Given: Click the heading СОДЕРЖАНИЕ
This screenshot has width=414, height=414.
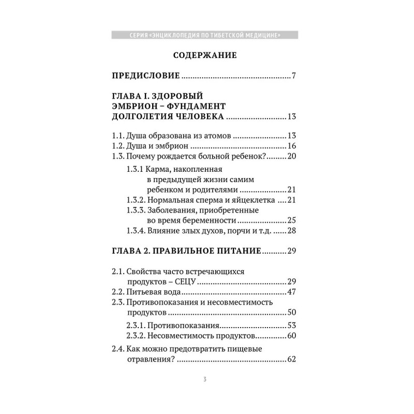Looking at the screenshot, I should point(205,55).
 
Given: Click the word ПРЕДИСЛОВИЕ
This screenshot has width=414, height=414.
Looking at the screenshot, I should point(146,76).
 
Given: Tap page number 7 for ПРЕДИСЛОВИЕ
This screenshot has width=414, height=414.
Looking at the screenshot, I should point(293,76).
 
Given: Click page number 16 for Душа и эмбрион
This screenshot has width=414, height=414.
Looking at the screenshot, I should point(291,146).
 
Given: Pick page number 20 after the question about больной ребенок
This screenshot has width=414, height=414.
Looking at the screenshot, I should point(291,156).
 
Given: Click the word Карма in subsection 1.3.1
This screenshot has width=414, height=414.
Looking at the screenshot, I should point(159,170).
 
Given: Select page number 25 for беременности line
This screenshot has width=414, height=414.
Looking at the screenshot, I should point(291,220).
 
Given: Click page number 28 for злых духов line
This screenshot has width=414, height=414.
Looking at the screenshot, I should point(291,230).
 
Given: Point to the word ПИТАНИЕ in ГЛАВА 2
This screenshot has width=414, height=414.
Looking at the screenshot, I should point(236,251).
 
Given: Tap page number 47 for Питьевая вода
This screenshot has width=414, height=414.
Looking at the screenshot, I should point(291,292).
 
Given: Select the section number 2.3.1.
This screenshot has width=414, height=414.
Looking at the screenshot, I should point(136,326).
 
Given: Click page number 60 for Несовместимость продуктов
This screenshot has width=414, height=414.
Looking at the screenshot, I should point(291,336).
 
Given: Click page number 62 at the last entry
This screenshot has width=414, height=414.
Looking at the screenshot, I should point(291,360).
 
